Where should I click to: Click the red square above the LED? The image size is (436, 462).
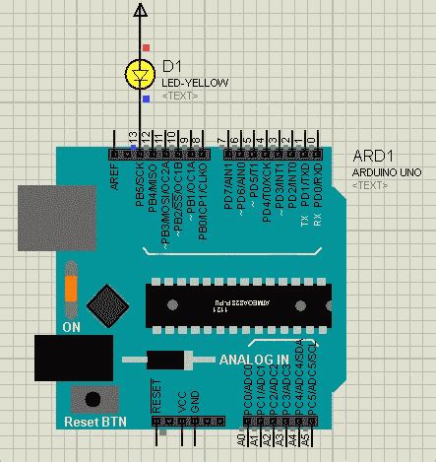(x=147, y=46)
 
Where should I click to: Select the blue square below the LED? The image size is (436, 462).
(x=147, y=99)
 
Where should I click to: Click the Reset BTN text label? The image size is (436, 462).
(x=95, y=422)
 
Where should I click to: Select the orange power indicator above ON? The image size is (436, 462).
(x=71, y=290)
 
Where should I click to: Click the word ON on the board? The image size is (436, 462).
(x=71, y=325)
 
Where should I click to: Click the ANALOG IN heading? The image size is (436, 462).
(x=255, y=359)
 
